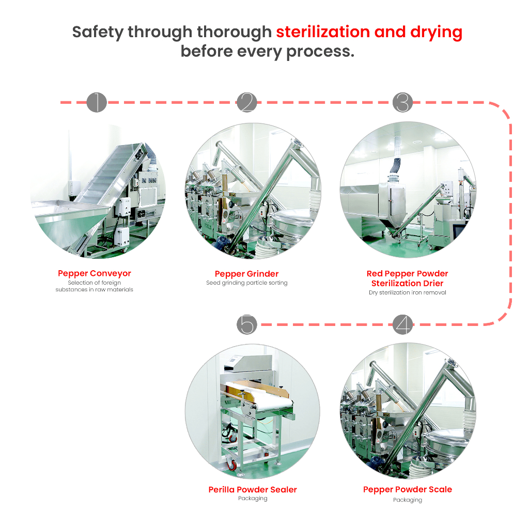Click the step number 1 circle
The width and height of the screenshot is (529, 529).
(97, 102)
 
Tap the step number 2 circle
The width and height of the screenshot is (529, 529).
(246, 102)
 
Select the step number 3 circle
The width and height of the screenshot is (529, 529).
(402, 102)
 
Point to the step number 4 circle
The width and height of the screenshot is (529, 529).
(402, 324)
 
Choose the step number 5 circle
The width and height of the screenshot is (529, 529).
(246, 324)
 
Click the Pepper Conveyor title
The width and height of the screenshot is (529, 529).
(95, 273)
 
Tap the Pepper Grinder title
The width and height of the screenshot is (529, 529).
(246, 274)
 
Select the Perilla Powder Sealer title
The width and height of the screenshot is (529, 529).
(253, 490)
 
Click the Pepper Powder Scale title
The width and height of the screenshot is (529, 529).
(408, 490)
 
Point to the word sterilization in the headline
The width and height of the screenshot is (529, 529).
(323, 32)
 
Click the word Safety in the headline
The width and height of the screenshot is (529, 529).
(98, 33)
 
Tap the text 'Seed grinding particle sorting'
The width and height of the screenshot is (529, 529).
(246, 283)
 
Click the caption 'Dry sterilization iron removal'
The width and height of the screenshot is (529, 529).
(408, 292)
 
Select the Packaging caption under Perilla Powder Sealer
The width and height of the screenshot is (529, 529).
(253, 499)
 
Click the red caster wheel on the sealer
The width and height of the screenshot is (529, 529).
(232, 465)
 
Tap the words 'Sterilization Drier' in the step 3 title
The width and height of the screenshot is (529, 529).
(408, 283)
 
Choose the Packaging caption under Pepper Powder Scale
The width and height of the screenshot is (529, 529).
(408, 500)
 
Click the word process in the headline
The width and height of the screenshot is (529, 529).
(320, 52)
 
